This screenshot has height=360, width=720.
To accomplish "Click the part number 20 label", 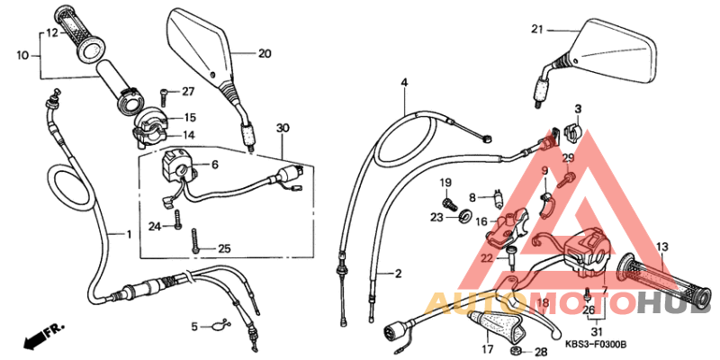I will [x=264, y=54].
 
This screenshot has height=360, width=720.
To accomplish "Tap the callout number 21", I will [x=537, y=29].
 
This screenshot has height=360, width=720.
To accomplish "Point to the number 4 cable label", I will [x=405, y=83].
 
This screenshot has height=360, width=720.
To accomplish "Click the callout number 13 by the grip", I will [x=661, y=247].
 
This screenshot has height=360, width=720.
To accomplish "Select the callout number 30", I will [x=283, y=128].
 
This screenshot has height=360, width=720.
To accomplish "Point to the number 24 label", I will [x=154, y=226].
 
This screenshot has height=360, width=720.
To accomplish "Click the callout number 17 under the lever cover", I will [x=487, y=348].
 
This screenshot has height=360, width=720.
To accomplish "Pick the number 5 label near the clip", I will [x=193, y=326].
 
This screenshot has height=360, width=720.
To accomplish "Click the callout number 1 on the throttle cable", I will [x=127, y=234].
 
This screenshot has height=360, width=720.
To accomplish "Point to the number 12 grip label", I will [x=51, y=32].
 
